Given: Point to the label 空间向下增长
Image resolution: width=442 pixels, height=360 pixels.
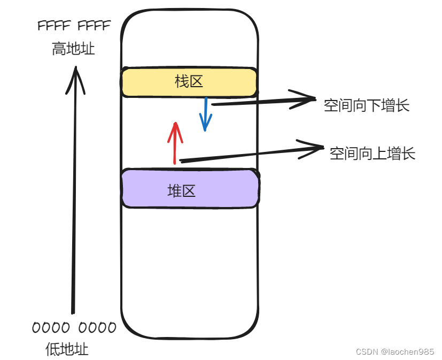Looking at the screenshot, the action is (x=367, y=105).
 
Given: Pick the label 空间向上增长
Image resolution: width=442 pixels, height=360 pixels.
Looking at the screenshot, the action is (x=373, y=154).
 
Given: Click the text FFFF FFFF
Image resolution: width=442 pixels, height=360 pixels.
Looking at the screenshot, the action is (x=74, y=26).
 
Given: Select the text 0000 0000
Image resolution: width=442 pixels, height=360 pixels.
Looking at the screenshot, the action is (x=74, y=327).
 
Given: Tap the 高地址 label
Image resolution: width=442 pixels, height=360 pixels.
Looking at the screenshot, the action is (x=74, y=49).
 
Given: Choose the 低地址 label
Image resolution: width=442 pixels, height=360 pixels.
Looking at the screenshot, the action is (x=67, y=350).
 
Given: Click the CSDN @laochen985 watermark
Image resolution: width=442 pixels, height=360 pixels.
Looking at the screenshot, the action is (x=395, y=351).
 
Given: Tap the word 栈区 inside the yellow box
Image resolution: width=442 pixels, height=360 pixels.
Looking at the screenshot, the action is (x=189, y=82).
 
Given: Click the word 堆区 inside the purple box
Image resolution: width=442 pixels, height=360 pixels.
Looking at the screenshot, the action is (x=182, y=190).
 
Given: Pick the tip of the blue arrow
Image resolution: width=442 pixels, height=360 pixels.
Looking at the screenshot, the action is (x=205, y=130).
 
